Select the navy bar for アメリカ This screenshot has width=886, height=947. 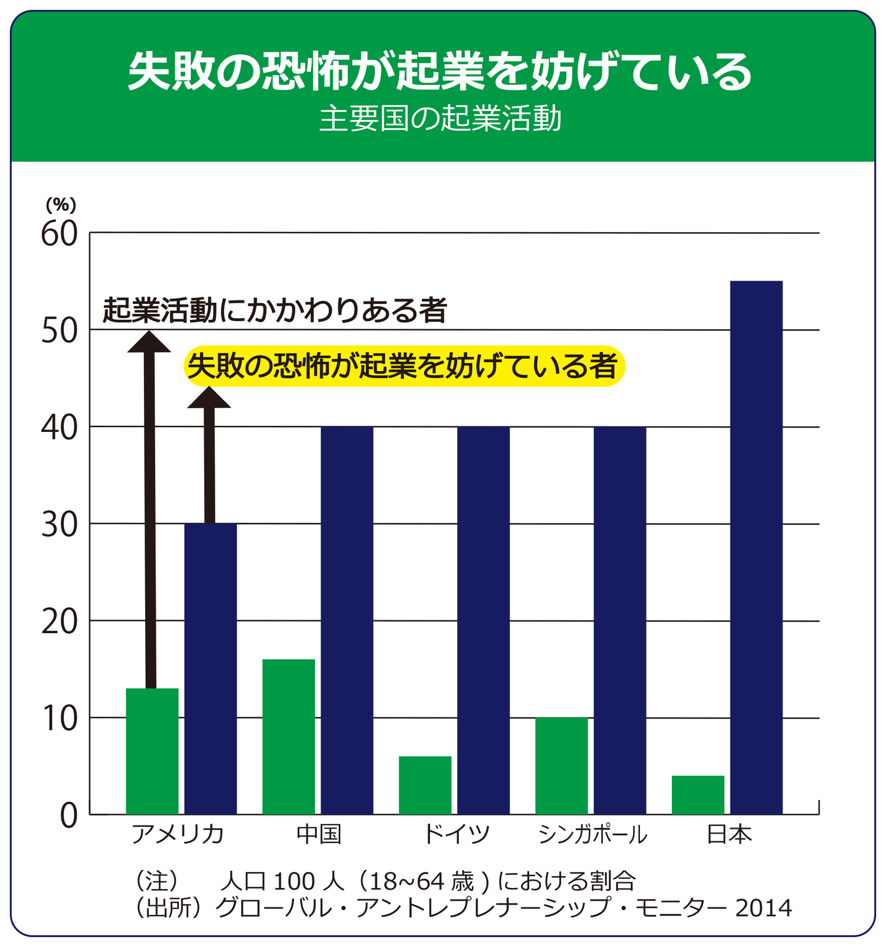coord(211,669)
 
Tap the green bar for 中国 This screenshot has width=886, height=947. coord(289,737)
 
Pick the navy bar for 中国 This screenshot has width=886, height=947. coord(347,620)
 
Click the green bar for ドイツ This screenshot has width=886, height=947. coord(425,785)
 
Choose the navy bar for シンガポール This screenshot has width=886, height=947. coord(620,620)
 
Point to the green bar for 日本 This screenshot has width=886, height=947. coord(698,795)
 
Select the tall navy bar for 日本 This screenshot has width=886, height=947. coord(756,548)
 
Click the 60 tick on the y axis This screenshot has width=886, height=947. coord(60,234)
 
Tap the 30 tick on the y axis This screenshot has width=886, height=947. coord(60,525)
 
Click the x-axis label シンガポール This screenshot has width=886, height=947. coord(593,835)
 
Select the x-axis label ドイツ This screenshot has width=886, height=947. coord(456,835)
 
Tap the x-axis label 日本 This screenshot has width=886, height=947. coord(729,835)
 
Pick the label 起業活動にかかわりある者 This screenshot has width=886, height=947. coord(274,310)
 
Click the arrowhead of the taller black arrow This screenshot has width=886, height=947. coord(149,342)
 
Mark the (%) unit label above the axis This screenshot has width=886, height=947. coord(61,205)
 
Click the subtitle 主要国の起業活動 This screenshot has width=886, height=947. coord(441,119)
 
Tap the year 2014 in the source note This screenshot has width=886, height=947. coord(764,908)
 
